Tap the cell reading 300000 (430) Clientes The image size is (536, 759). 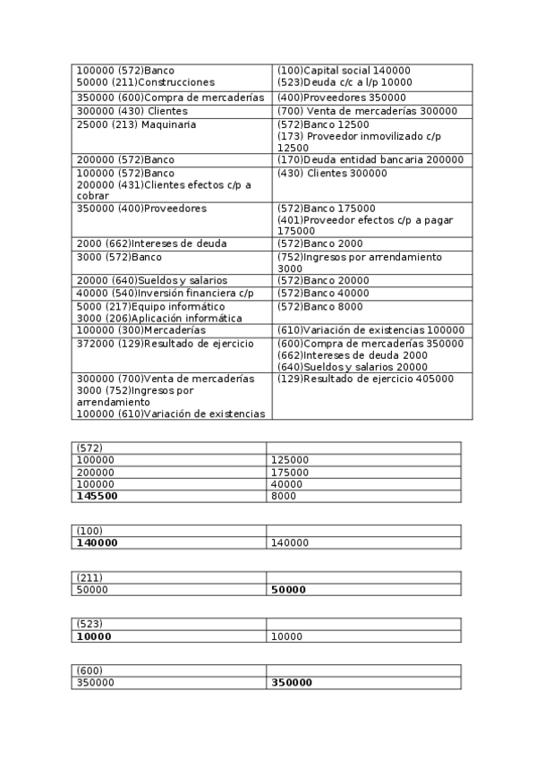pyautogui.click(x=120, y=111)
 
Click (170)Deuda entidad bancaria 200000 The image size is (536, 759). pyautogui.click(x=370, y=159)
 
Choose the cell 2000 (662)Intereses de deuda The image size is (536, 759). pyautogui.click(x=151, y=243)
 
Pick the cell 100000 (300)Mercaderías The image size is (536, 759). pyautogui.click(x=140, y=330)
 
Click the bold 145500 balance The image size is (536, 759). pyautogui.click(x=97, y=495)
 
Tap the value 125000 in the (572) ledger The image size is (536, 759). pyautogui.click(x=290, y=460)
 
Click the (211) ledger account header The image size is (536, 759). pyautogui.click(x=89, y=577)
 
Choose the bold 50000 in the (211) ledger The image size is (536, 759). pyautogui.click(x=290, y=590)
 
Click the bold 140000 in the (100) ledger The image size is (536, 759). pyautogui.click(x=97, y=542)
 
